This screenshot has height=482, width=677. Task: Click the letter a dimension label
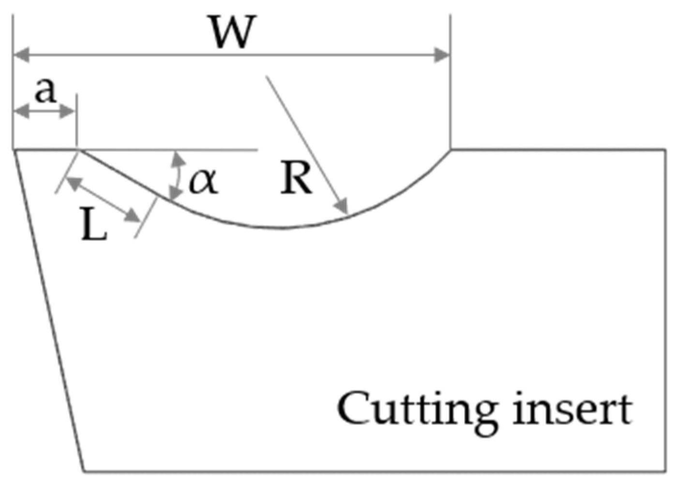click(45, 90)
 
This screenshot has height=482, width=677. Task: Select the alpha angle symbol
click(204, 181)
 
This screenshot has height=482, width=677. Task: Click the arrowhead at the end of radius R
click(343, 208)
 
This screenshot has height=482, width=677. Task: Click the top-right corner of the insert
click(666, 150)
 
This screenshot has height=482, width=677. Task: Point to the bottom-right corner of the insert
click(666, 470)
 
